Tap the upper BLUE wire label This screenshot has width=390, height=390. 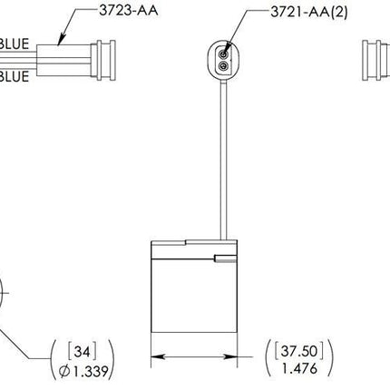tap(18, 43)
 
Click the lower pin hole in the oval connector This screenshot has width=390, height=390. tap(222, 65)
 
